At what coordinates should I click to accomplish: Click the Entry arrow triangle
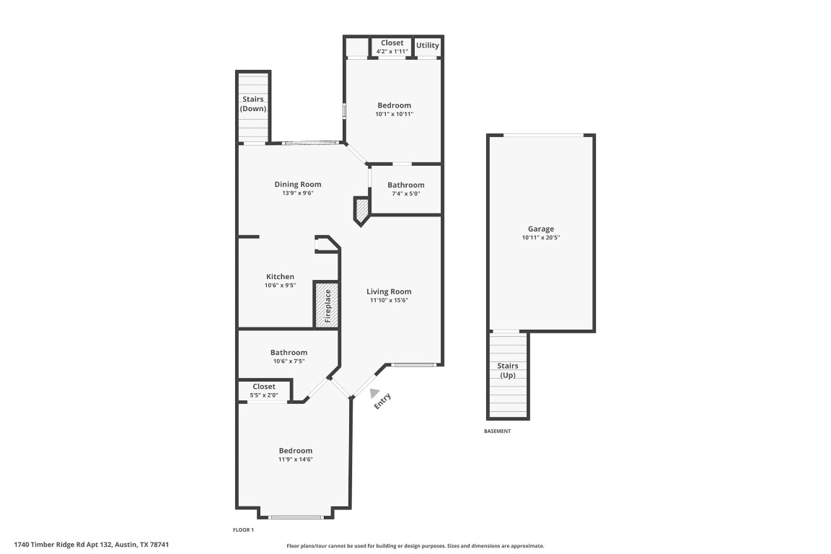coord(374,393)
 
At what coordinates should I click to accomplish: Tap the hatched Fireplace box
coord(326,304)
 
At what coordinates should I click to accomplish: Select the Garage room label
coord(540,229)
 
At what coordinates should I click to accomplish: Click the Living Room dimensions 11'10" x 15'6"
coord(389,300)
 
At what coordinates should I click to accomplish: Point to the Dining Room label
coord(297,184)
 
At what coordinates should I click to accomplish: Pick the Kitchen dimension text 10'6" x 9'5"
coord(280,285)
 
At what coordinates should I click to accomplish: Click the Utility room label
coord(427,45)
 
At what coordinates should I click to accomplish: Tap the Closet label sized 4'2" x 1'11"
coord(392,43)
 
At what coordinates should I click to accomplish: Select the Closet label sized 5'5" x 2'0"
coord(264,387)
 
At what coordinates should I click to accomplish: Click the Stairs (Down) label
coord(252,104)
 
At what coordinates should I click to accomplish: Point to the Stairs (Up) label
coord(508,371)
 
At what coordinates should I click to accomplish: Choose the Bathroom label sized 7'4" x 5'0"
coord(405,185)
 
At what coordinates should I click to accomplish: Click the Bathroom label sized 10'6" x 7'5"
coord(289,353)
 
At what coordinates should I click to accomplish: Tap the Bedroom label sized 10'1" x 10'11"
coord(394,105)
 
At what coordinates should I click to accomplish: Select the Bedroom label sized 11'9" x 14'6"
coord(296,451)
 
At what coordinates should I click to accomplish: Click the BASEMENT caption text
coord(497,431)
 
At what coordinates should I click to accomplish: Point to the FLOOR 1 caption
coord(243,529)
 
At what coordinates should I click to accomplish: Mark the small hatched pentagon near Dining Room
coord(361,210)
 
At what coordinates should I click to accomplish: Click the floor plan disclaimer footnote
coord(415,546)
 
